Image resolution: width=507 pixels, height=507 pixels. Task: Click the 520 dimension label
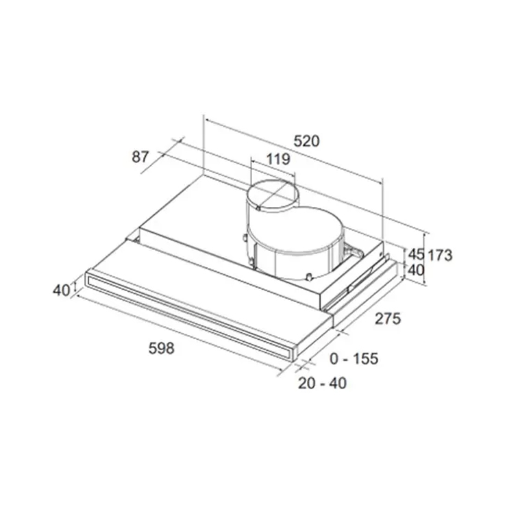point(306,141)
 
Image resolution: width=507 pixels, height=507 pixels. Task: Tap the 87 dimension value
point(140,157)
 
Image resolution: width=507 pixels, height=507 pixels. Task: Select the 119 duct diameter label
point(278,159)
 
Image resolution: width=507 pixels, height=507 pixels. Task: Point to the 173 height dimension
point(440,256)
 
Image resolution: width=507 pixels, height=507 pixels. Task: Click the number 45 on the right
point(416,254)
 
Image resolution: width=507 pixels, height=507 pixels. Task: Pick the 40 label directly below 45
point(416,270)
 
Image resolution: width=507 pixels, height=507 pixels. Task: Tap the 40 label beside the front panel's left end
point(62,290)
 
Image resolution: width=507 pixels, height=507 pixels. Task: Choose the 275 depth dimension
point(388,319)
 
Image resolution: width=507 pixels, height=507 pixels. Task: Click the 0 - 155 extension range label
point(354,358)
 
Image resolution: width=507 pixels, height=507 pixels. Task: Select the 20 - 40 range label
point(322,383)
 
